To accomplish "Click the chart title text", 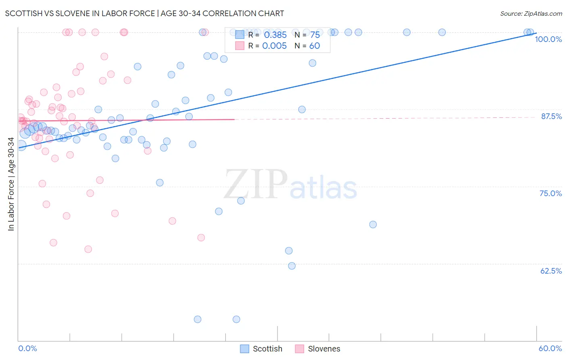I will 144,13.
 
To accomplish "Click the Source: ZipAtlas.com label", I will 531,14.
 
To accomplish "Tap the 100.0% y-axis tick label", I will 548,39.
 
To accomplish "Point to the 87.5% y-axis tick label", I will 551,116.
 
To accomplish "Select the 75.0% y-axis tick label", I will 550,193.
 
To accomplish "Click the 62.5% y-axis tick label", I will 551,271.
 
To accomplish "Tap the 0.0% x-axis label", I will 27,348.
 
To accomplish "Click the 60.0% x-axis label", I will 550,348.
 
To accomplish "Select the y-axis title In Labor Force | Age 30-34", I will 11,184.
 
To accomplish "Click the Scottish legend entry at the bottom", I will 261,349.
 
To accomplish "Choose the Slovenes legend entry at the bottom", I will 318,349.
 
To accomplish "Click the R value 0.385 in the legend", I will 275,35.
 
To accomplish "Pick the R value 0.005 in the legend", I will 274,46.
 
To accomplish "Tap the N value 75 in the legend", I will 315,35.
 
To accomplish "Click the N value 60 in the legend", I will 315,46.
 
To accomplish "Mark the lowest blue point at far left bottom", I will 198,319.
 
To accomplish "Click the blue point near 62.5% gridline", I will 292,266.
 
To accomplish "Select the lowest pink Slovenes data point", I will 88,249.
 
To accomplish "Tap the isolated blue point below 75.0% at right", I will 373,224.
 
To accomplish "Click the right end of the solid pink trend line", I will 234,119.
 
